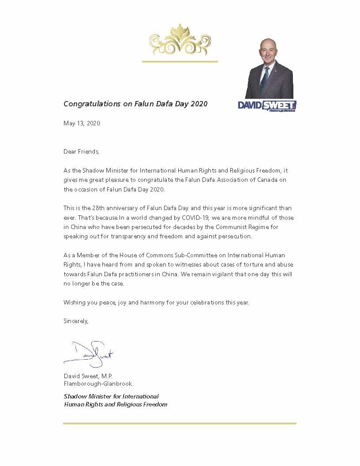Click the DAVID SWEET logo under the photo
coord(267,105)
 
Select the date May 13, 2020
coord(82,123)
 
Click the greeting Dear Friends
coord(82,151)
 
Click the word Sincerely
coord(76,321)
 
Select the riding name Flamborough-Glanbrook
coord(97,383)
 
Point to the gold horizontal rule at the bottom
coord(180,423)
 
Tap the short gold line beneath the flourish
coord(179,61)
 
